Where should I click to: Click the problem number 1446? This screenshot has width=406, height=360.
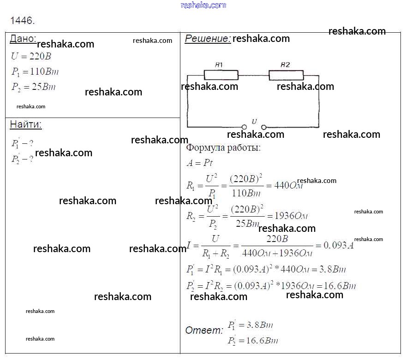point(23,21)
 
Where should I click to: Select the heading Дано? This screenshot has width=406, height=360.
point(23,39)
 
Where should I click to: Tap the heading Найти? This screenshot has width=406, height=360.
point(26,124)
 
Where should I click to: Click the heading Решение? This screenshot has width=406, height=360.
point(208,39)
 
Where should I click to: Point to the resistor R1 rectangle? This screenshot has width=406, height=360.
point(221,75)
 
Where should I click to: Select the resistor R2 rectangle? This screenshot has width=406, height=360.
point(286,75)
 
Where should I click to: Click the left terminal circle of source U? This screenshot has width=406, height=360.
point(244,127)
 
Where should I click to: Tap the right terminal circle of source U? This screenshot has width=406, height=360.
point(263,127)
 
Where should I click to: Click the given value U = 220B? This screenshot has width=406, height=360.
point(31,57)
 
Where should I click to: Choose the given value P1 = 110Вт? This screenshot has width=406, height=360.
point(35,72)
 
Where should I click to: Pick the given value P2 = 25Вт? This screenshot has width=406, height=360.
point(33,87)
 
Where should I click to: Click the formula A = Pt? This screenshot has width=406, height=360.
point(199,163)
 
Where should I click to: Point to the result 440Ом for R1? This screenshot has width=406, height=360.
point(288,186)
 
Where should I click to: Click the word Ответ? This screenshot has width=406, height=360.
point(204,330)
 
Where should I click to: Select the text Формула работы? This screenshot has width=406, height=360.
point(223,148)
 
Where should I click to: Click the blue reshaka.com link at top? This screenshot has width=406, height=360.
point(203,5)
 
